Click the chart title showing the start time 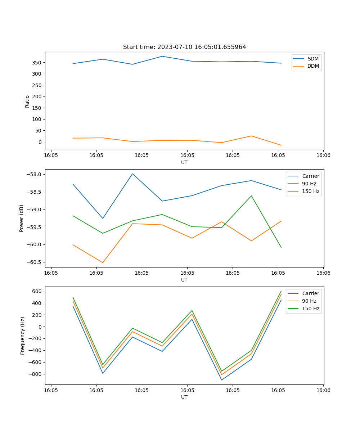click(x=184, y=47)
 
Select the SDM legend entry click(x=313, y=59)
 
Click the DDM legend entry click(x=313, y=66)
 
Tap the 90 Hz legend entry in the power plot click(x=309, y=184)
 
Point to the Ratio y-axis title click(x=27, y=101)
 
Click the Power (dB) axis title click(x=22, y=218)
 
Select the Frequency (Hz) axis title click(x=22, y=336)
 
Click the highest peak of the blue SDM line click(x=162, y=56)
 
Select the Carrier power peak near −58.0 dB click(x=132, y=174)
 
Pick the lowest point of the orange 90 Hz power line click(x=103, y=262)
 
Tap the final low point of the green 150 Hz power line click(x=281, y=247)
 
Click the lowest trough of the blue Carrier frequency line click(x=221, y=380)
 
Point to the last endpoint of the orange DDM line click(x=281, y=145)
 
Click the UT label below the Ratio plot click(x=184, y=162)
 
